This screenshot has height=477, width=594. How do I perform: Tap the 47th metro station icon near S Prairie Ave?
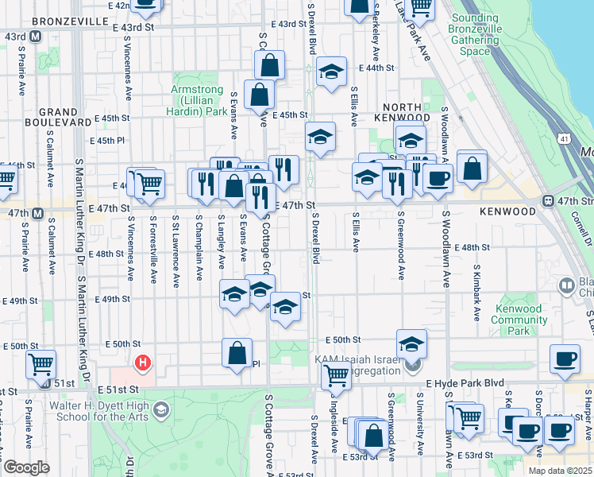(x=37, y=213)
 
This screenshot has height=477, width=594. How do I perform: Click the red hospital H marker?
(x=143, y=364)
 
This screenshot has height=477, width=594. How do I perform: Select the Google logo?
(x=26, y=467)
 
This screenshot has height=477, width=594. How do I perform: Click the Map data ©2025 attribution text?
(x=559, y=471)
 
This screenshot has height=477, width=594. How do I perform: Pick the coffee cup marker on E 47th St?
(x=438, y=178)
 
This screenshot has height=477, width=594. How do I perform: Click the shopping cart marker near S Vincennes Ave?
(x=148, y=184)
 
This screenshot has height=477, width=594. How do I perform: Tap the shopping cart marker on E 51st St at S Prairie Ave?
(x=41, y=365)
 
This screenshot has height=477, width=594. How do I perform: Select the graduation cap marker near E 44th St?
(x=331, y=72)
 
